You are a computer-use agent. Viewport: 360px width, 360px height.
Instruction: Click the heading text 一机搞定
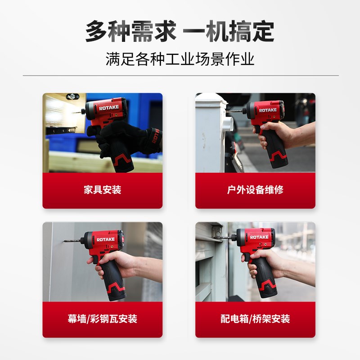(x=230, y=32)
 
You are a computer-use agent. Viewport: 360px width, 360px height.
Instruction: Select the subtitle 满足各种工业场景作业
(x=180, y=59)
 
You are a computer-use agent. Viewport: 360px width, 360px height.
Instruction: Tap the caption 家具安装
(x=103, y=189)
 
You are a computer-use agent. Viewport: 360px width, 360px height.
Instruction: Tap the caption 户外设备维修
(x=255, y=189)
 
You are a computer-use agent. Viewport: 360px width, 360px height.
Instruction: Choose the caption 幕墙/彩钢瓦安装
(x=103, y=319)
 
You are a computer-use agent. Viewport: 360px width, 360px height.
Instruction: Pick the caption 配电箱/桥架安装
(x=255, y=319)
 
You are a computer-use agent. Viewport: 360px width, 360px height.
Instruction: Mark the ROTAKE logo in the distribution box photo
(x=259, y=237)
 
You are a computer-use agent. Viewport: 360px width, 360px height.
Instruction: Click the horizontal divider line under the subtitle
(x=180, y=76)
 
